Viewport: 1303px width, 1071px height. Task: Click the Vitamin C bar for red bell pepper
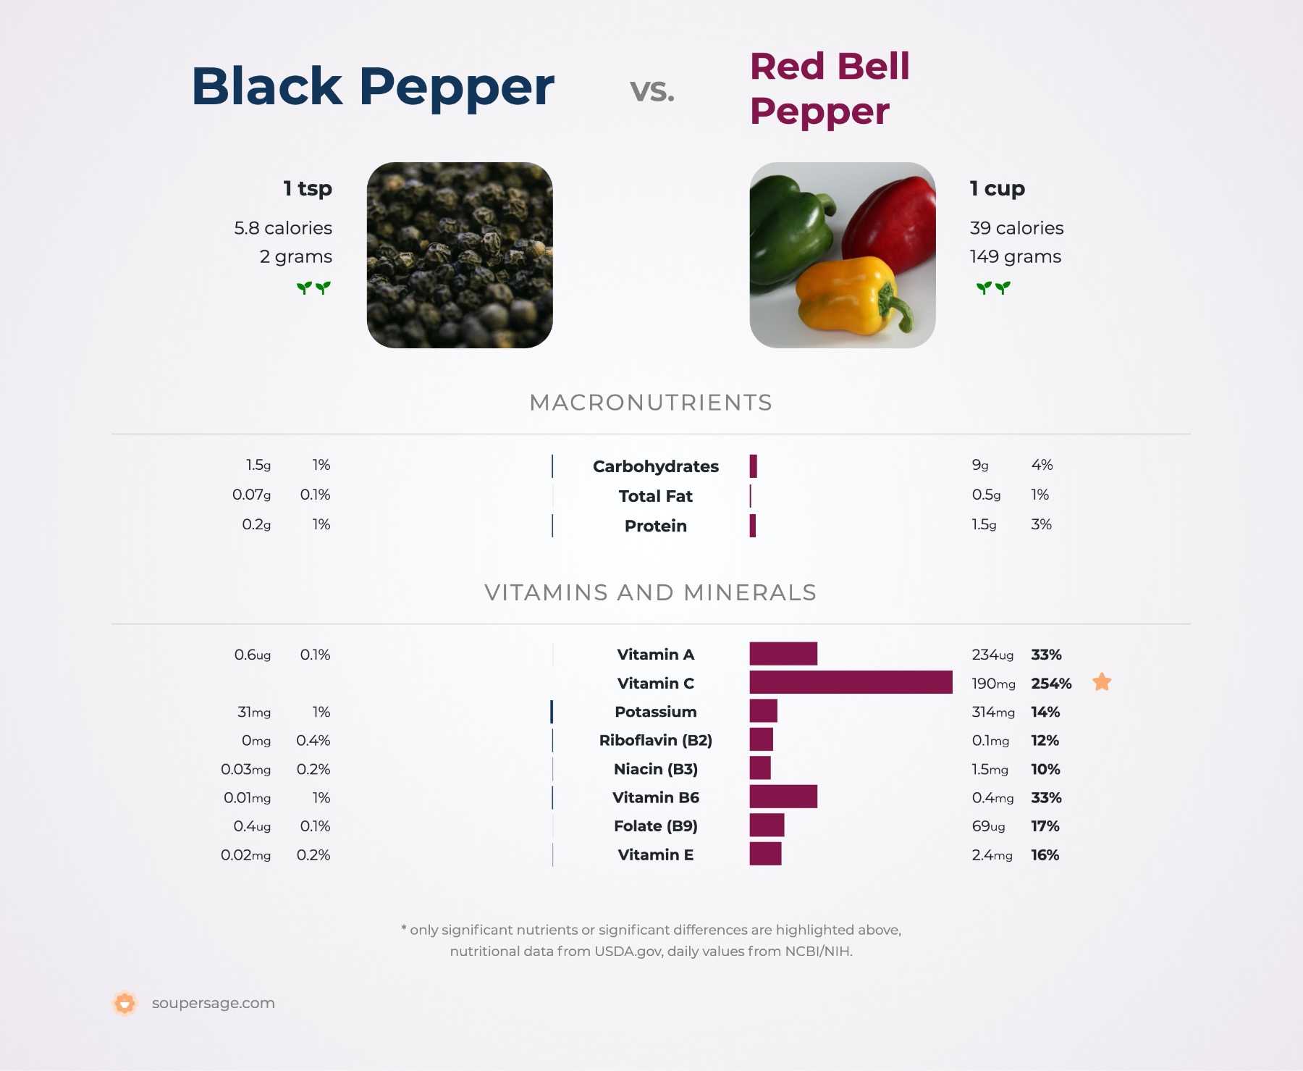851,682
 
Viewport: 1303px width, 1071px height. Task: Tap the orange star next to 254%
1102,682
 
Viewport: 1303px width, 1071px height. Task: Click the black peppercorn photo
460,255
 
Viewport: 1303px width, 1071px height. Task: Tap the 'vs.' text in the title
652,90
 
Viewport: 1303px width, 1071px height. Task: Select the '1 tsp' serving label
308,188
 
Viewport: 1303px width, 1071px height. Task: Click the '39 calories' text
1016,228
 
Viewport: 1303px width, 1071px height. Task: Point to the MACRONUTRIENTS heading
651,403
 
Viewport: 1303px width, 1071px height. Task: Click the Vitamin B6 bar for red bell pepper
783,797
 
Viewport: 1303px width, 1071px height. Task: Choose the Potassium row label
656,712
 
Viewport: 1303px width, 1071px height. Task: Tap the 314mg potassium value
993,712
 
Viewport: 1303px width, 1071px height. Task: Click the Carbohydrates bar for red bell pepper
754,466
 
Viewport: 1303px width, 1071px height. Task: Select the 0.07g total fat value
251,495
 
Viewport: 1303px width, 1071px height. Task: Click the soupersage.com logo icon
125,1003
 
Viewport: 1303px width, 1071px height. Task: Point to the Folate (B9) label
656,826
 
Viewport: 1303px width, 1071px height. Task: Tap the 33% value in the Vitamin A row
1046,655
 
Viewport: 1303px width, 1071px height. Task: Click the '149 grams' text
1015,256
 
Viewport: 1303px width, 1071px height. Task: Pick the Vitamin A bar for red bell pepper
783,653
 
